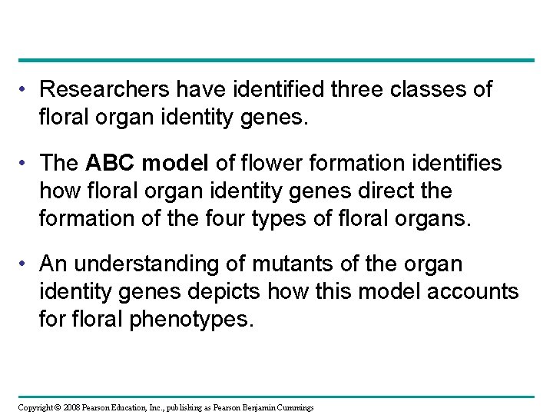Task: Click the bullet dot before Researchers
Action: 25,90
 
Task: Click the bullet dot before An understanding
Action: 25,264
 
